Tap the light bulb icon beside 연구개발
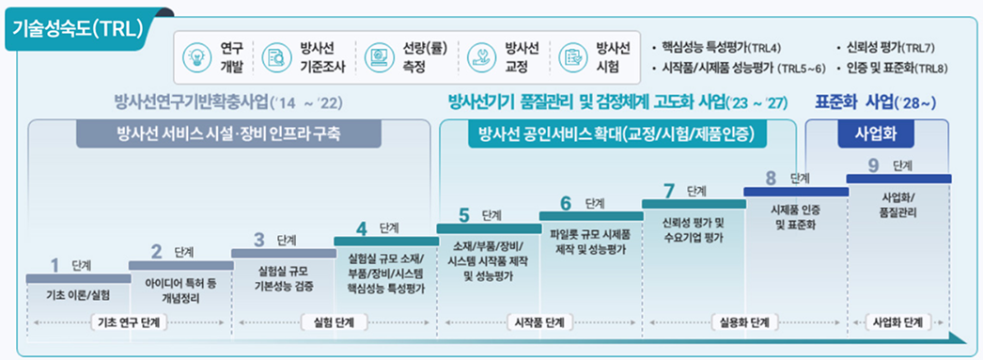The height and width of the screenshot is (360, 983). click(194, 57)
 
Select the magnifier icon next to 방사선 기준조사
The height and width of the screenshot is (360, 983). click(274, 57)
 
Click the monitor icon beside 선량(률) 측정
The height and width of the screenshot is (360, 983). click(378, 57)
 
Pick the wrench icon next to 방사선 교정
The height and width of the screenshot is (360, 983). click(480, 57)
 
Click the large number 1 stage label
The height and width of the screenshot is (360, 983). click(55, 266)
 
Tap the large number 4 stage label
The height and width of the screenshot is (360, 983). click(361, 229)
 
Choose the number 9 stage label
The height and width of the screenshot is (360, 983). click(874, 164)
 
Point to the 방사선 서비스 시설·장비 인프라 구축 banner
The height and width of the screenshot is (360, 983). click(228, 134)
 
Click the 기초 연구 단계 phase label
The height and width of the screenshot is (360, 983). click(129, 323)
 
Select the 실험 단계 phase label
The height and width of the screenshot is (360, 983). click(336, 323)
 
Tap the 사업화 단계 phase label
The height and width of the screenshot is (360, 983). click(897, 323)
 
